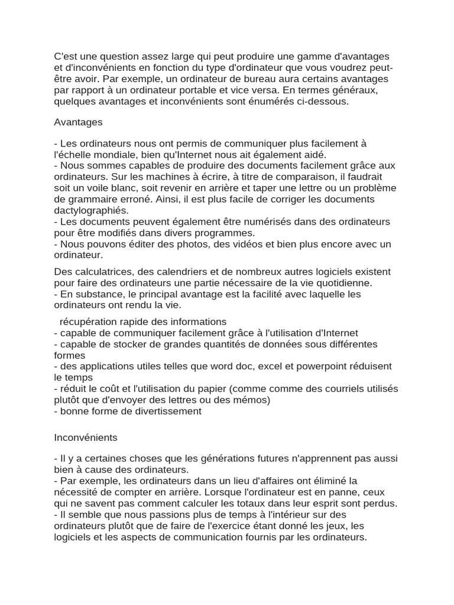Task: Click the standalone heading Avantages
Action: [x=78, y=122]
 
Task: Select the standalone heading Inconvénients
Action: [x=85, y=438]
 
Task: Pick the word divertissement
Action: [x=165, y=411]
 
